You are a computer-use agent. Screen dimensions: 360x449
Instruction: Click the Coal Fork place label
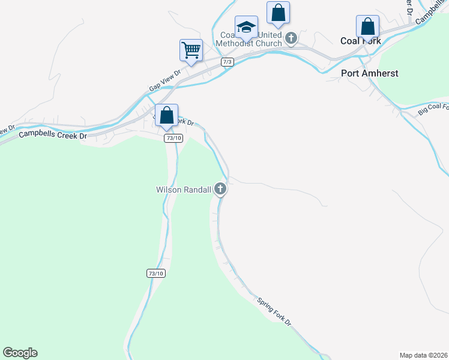[x=361, y=41]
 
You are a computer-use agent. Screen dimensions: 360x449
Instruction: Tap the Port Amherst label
[x=369, y=73]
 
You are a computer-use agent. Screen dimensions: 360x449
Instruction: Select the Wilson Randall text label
[x=184, y=190]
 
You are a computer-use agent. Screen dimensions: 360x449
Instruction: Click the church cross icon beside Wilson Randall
[x=221, y=190]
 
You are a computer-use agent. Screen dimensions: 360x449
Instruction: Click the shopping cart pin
[x=191, y=50]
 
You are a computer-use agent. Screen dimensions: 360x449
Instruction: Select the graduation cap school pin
[x=246, y=26]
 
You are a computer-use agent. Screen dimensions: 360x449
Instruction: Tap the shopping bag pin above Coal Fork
[x=367, y=26]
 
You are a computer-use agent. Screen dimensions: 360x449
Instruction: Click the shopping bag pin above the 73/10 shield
[x=166, y=115]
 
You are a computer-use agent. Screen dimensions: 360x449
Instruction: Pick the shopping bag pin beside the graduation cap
[x=278, y=13]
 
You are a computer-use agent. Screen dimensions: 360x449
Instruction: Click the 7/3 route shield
[x=227, y=62]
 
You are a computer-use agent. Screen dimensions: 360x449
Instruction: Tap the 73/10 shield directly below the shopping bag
[x=173, y=138]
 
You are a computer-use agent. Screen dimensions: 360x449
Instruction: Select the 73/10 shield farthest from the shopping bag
[x=155, y=274]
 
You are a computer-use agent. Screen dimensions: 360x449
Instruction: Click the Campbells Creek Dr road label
[x=53, y=134]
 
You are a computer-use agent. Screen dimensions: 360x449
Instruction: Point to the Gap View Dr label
[x=164, y=83]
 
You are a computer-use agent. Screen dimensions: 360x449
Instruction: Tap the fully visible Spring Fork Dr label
[x=274, y=311]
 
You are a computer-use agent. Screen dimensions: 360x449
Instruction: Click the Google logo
[x=20, y=353]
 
